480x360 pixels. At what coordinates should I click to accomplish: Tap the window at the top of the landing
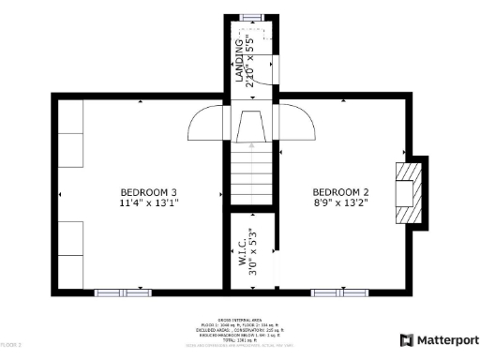tap(251, 17)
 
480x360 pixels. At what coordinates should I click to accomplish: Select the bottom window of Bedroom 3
tap(122, 292)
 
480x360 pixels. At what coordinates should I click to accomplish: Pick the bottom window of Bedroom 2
tap(339, 292)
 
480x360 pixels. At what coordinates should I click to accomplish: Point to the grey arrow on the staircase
tap(251, 146)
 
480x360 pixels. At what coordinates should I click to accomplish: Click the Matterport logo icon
tap(406, 339)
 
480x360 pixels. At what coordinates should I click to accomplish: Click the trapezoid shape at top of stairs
tap(251, 125)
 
